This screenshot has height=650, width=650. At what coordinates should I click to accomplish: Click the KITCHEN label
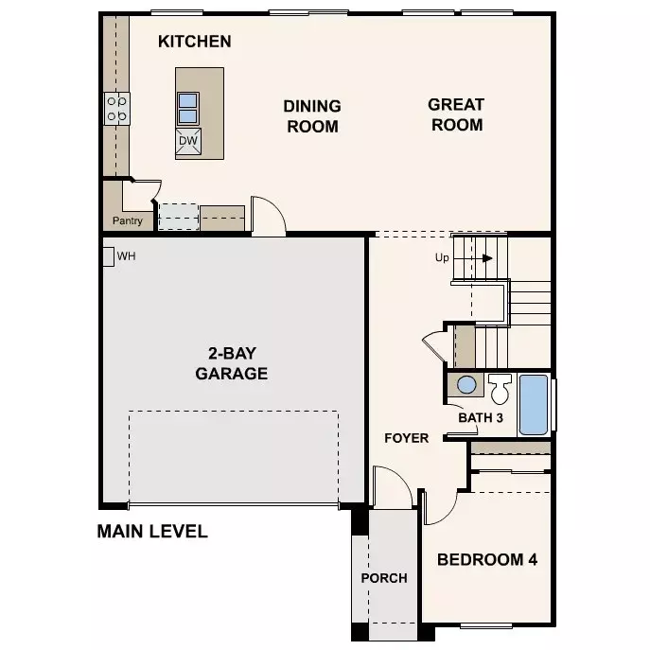pyautogui.click(x=194, y=42)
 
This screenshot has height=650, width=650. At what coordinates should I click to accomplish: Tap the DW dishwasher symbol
pyautogui.click(x=187, y=142)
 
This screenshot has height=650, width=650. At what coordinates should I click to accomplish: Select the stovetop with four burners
pyautogui.click(x=117, y=108)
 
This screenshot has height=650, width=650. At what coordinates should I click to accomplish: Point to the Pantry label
pyautogui.click(x=128, y=221)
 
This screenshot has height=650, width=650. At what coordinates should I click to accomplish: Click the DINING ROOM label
pyautogui.click(x=313, y=115)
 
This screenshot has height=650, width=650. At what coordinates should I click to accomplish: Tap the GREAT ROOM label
pyautogui.click(x=456, y=114)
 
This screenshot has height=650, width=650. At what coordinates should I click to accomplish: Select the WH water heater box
pyautogui.click(x=108, y=255)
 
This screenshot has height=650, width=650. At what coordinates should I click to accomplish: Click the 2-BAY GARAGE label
pyautogui.click(x=232, y=363)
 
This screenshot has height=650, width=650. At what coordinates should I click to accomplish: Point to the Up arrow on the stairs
pyautogui.click(x=479, y=257)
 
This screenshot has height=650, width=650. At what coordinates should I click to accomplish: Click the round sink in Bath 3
pyautogui.click(x=466, y=385)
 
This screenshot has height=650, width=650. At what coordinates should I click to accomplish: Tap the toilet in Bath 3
pyautogui.click(x=500, y=388)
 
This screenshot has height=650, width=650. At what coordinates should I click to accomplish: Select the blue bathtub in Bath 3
pyautogui.click(x=533, y=404)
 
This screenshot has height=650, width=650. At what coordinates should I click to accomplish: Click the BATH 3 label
pyautogui.click(x=480, y=417)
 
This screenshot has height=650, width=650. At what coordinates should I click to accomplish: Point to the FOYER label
pyautogui.click(x=406, y=438)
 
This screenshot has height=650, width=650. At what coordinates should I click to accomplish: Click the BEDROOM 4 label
pyautogui.click(x=486, y=559)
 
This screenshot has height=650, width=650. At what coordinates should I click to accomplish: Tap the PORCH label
pyautogui.click(x=384, y=577)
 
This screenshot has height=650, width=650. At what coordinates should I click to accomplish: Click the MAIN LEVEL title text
pyautogui.click(x=152, y=531)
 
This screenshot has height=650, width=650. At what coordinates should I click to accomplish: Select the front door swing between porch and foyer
pyautogui.click(x=390, y=488)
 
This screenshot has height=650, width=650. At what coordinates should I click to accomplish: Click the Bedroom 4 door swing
pyautogui.click(x=439, y=506)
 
